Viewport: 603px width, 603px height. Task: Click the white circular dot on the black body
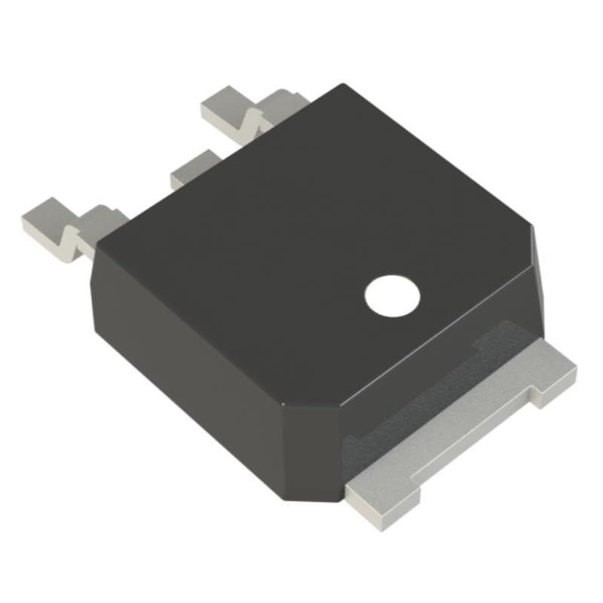point(392,296)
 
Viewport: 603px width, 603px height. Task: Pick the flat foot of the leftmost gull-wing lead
point(48,219)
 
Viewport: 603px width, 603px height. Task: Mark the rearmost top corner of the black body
point(343,84)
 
